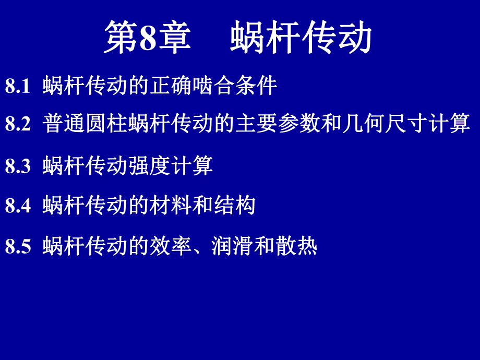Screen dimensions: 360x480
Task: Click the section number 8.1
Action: pos(18,87)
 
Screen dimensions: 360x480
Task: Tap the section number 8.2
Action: pos(18,125)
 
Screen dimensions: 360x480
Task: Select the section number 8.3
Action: pos(18,166)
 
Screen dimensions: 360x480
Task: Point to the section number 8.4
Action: pos(18,206)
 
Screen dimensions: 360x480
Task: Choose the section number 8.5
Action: pos(18,246)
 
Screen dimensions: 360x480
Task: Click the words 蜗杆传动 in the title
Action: pos(301,38)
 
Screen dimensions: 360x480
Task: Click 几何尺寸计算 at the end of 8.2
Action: pos(406,124)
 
